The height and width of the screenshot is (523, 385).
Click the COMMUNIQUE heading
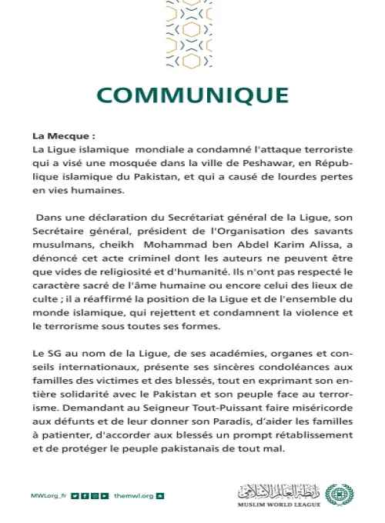192,95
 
